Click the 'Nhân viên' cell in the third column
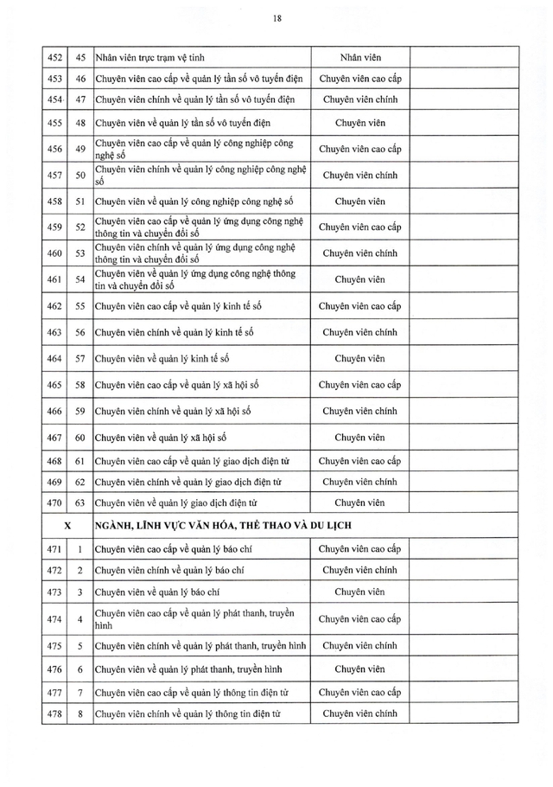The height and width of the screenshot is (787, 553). tap(359, 57)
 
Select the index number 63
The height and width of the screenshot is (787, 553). tap(79, 502)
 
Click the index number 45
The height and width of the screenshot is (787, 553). tap(79, 57)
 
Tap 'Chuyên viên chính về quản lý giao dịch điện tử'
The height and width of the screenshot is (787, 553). tap(188, 481)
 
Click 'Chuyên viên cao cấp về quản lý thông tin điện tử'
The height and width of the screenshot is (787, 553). tap(191, 692)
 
